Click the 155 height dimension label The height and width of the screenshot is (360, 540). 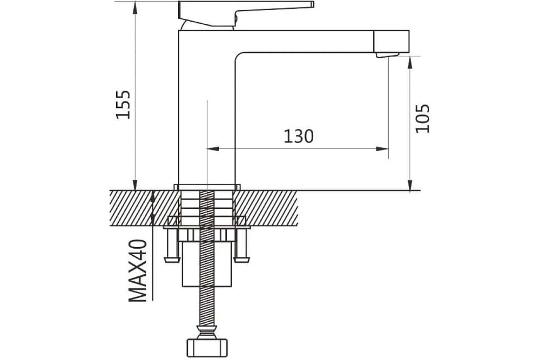point(123,105)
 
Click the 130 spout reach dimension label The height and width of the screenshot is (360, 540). point(299,137)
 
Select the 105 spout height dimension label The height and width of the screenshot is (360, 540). point(423,118)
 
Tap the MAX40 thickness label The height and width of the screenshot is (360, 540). point(138,270)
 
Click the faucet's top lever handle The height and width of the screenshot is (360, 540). point(246,13)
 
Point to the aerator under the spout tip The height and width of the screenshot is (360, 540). point(387,55)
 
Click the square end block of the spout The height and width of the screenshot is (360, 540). point(391,42)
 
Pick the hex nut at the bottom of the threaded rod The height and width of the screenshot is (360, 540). point(207,349)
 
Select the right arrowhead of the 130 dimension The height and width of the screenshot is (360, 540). point(382,149)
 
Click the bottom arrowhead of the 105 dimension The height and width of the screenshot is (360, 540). point(410,184)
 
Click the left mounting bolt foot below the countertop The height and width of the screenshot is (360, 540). point(172,246)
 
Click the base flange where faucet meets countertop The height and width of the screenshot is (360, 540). point(207,187)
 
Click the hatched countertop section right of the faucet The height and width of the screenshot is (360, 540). point(266,208)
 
